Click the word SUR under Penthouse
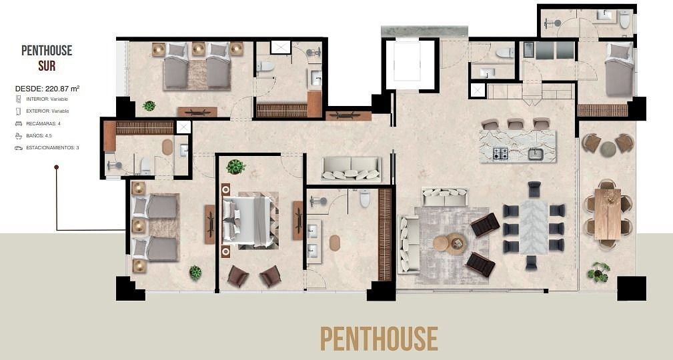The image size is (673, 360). (x=47, y=66)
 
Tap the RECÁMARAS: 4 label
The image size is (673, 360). (x=43, y=123)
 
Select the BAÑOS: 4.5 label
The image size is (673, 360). (x=39, y=135)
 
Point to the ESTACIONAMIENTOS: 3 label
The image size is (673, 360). (x=53, y=147)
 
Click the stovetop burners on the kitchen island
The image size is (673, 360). (x=500, y=153)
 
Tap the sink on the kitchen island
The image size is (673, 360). (x=536, y=153)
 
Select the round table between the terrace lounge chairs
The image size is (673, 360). (x=608, y=149)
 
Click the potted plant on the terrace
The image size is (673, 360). (x=598, y=272)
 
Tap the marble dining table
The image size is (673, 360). (x=534, y=226)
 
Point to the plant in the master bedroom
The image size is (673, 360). (x=235, y=167)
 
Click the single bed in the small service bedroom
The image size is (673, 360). (x=618, y=69)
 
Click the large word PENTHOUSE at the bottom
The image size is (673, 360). (x=379, y=338)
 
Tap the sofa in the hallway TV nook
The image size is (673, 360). (x=351, y=169)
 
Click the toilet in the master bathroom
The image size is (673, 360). (x=365, y=198)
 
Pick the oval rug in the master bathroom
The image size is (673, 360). (x=335, y=243)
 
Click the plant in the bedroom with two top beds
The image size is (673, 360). (x=149, y=105)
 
